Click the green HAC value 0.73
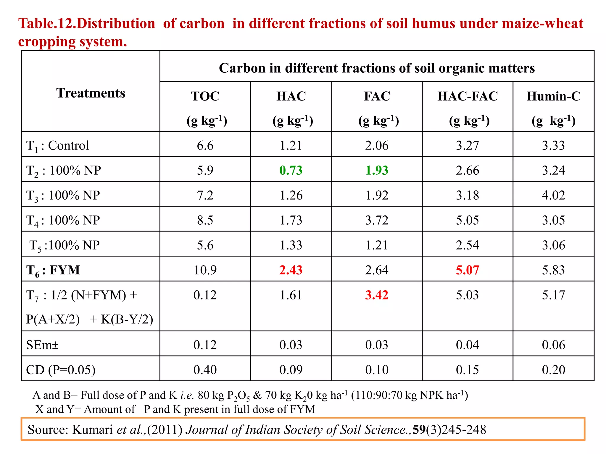click(291, 170)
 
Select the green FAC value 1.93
click(377, 170)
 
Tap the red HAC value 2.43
click(291, 270)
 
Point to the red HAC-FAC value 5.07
click(467, 270)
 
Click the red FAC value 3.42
click(377, 295)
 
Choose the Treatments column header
click(91, 93)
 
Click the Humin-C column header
click(553, 96)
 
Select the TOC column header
click(205, 96)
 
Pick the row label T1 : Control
click(58, 145)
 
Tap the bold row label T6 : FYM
click(53, 270)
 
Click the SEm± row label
click(42, 345)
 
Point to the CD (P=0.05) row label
click(61, 370)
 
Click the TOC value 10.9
click(205, 270)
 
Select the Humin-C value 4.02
click(553, 195)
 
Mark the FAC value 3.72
click(377, 220)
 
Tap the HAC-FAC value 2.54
click(467, 245)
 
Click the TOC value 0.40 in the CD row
click(205, 370)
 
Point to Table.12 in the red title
click(47, 24)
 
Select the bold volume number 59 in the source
click(419, 429)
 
